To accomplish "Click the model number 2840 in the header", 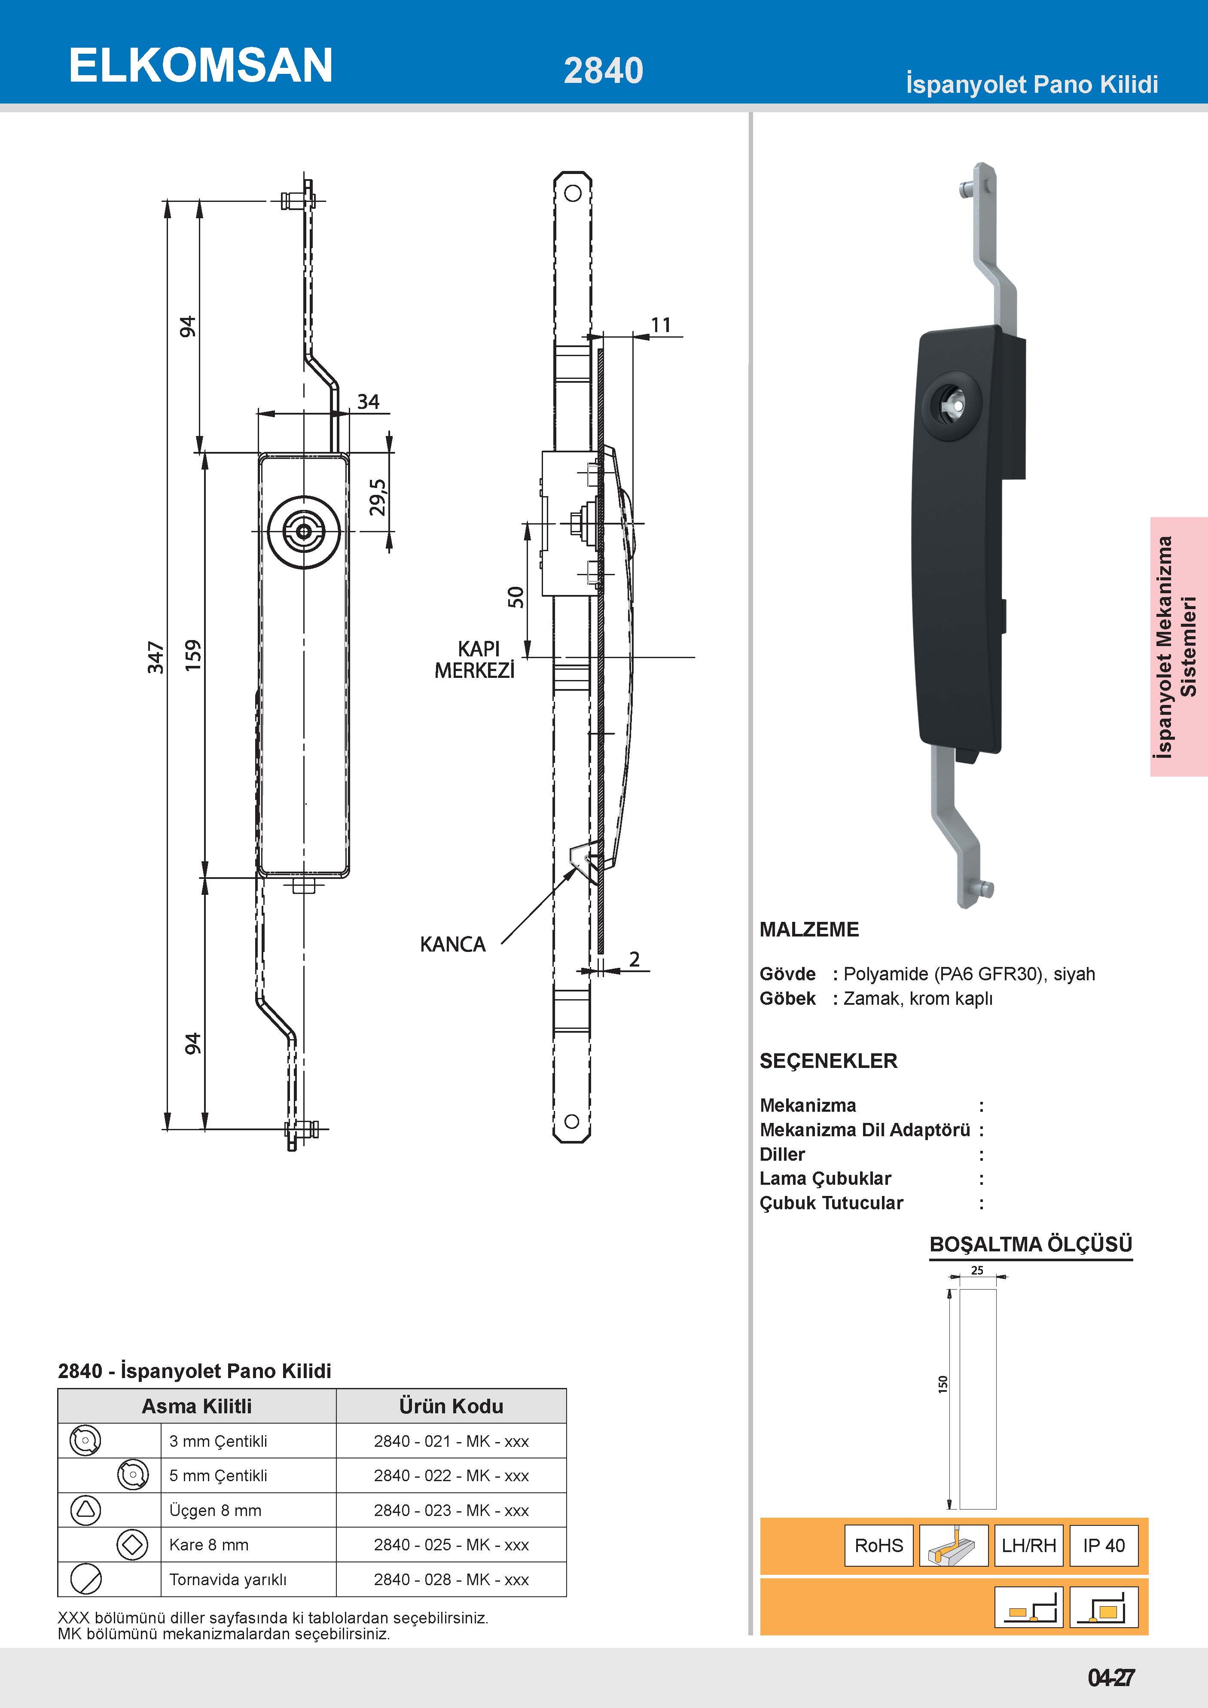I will [603, 71].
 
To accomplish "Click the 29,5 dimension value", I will [378, 497].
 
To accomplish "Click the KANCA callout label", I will [452, 944].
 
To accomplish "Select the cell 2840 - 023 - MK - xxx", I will [451, 1510].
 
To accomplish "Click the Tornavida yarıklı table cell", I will [228, 1579].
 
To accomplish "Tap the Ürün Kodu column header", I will [451, 1406].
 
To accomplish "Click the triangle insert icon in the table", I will [85, 1510].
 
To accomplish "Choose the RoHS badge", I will [879, 1545].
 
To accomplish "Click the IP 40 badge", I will [1104, 1545].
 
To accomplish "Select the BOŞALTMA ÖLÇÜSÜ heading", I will [1030, 1244].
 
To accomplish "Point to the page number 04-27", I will [1110, 1677].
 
